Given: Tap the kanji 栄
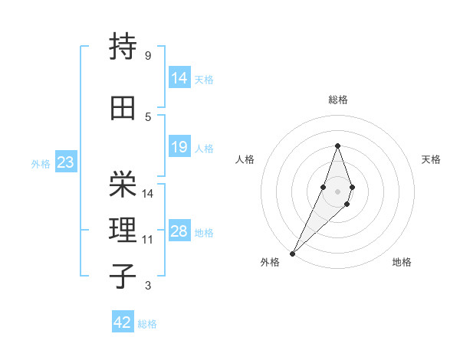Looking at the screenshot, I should coord(123,185).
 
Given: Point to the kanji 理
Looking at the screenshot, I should coord(123,231).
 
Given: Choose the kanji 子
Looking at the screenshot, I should coord(123,277).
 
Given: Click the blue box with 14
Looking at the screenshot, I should coord(179,78).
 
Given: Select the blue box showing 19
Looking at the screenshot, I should coord(179,147).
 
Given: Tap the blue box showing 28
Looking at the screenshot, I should coord(179,231).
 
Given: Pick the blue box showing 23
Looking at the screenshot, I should coord(64,162).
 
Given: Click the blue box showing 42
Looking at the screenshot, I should coord(123,322).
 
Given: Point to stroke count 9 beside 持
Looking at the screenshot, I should coord(148,56).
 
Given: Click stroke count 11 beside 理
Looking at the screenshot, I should coord(148,240).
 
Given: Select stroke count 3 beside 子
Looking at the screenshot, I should coord(148,286).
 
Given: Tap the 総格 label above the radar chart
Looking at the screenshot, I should coord(337,100).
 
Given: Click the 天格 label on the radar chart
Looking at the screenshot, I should coord(431,159).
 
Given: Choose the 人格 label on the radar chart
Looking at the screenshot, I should coord(245,159).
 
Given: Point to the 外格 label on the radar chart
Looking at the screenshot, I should coord(270,262).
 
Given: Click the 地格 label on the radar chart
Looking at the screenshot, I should coord(402,262).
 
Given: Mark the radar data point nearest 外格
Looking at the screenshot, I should coord(292,253).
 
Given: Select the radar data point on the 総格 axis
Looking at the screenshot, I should coord(337,146).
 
